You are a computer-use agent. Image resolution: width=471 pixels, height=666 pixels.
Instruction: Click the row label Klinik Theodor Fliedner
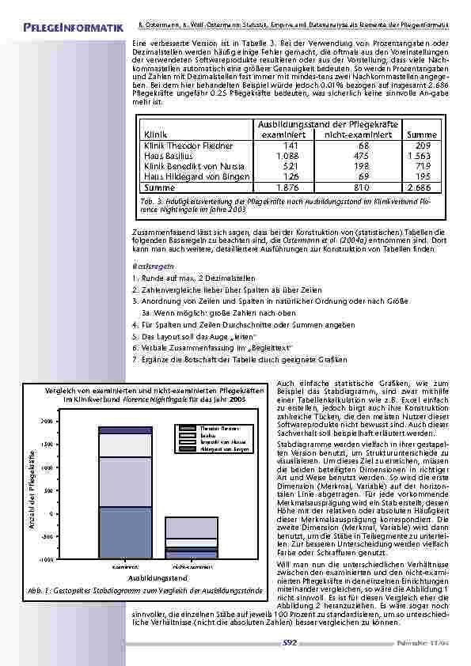(188, 146)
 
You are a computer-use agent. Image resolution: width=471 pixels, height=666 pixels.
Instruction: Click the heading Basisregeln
(154, 267)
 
